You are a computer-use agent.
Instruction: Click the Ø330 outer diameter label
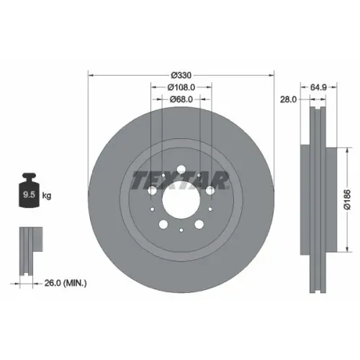point(181,76)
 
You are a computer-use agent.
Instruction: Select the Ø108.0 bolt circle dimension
point(181,87)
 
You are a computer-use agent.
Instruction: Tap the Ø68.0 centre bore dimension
point(181,99)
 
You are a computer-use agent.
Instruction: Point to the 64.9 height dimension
point(318,87)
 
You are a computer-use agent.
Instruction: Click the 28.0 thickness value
point(289,99)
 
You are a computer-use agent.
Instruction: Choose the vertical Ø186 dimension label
point(347,199)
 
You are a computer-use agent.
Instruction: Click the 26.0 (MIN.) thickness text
point(66,283)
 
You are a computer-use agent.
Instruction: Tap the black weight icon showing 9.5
point(29,190)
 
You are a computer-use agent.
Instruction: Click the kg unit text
point(47,196)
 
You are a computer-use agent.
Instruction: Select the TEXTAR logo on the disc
point(180,180)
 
